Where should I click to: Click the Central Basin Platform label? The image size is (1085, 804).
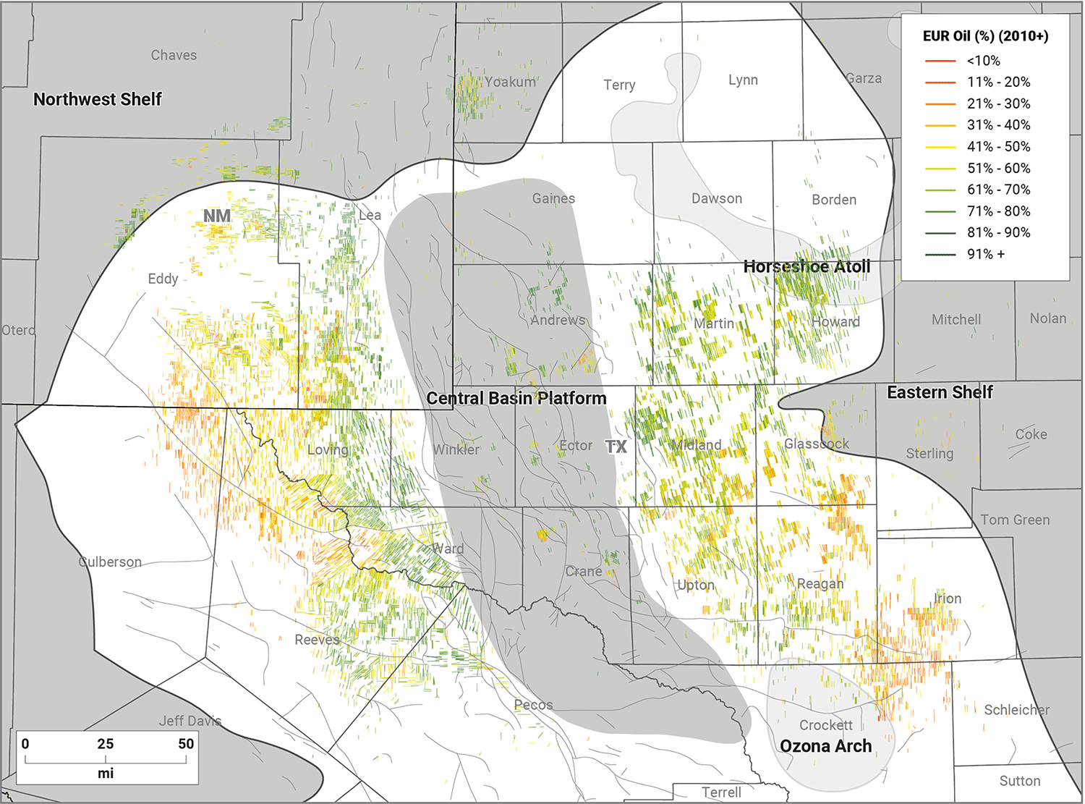516,398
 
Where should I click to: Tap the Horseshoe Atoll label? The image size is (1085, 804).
807,266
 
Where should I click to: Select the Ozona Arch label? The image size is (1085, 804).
825,746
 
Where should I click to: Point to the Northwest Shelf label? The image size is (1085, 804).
98,99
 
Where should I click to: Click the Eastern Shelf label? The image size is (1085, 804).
940,392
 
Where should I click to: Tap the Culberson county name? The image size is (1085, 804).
110,562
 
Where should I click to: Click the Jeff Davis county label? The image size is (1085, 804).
190,721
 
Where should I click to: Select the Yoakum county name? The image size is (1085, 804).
510,82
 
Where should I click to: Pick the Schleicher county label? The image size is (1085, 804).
1016,710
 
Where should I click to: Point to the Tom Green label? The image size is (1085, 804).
1015,520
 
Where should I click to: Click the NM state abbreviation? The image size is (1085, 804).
217,216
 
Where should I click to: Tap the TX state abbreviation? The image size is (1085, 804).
616,447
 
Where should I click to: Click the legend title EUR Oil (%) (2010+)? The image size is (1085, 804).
985,36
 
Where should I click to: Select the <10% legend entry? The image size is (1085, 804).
983,61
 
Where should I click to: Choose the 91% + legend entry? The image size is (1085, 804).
985,254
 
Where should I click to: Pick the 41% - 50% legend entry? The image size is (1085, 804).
998,146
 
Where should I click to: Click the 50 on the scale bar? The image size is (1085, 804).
186,743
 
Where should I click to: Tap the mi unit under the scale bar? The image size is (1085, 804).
106,773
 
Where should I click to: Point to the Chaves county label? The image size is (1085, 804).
174,55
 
